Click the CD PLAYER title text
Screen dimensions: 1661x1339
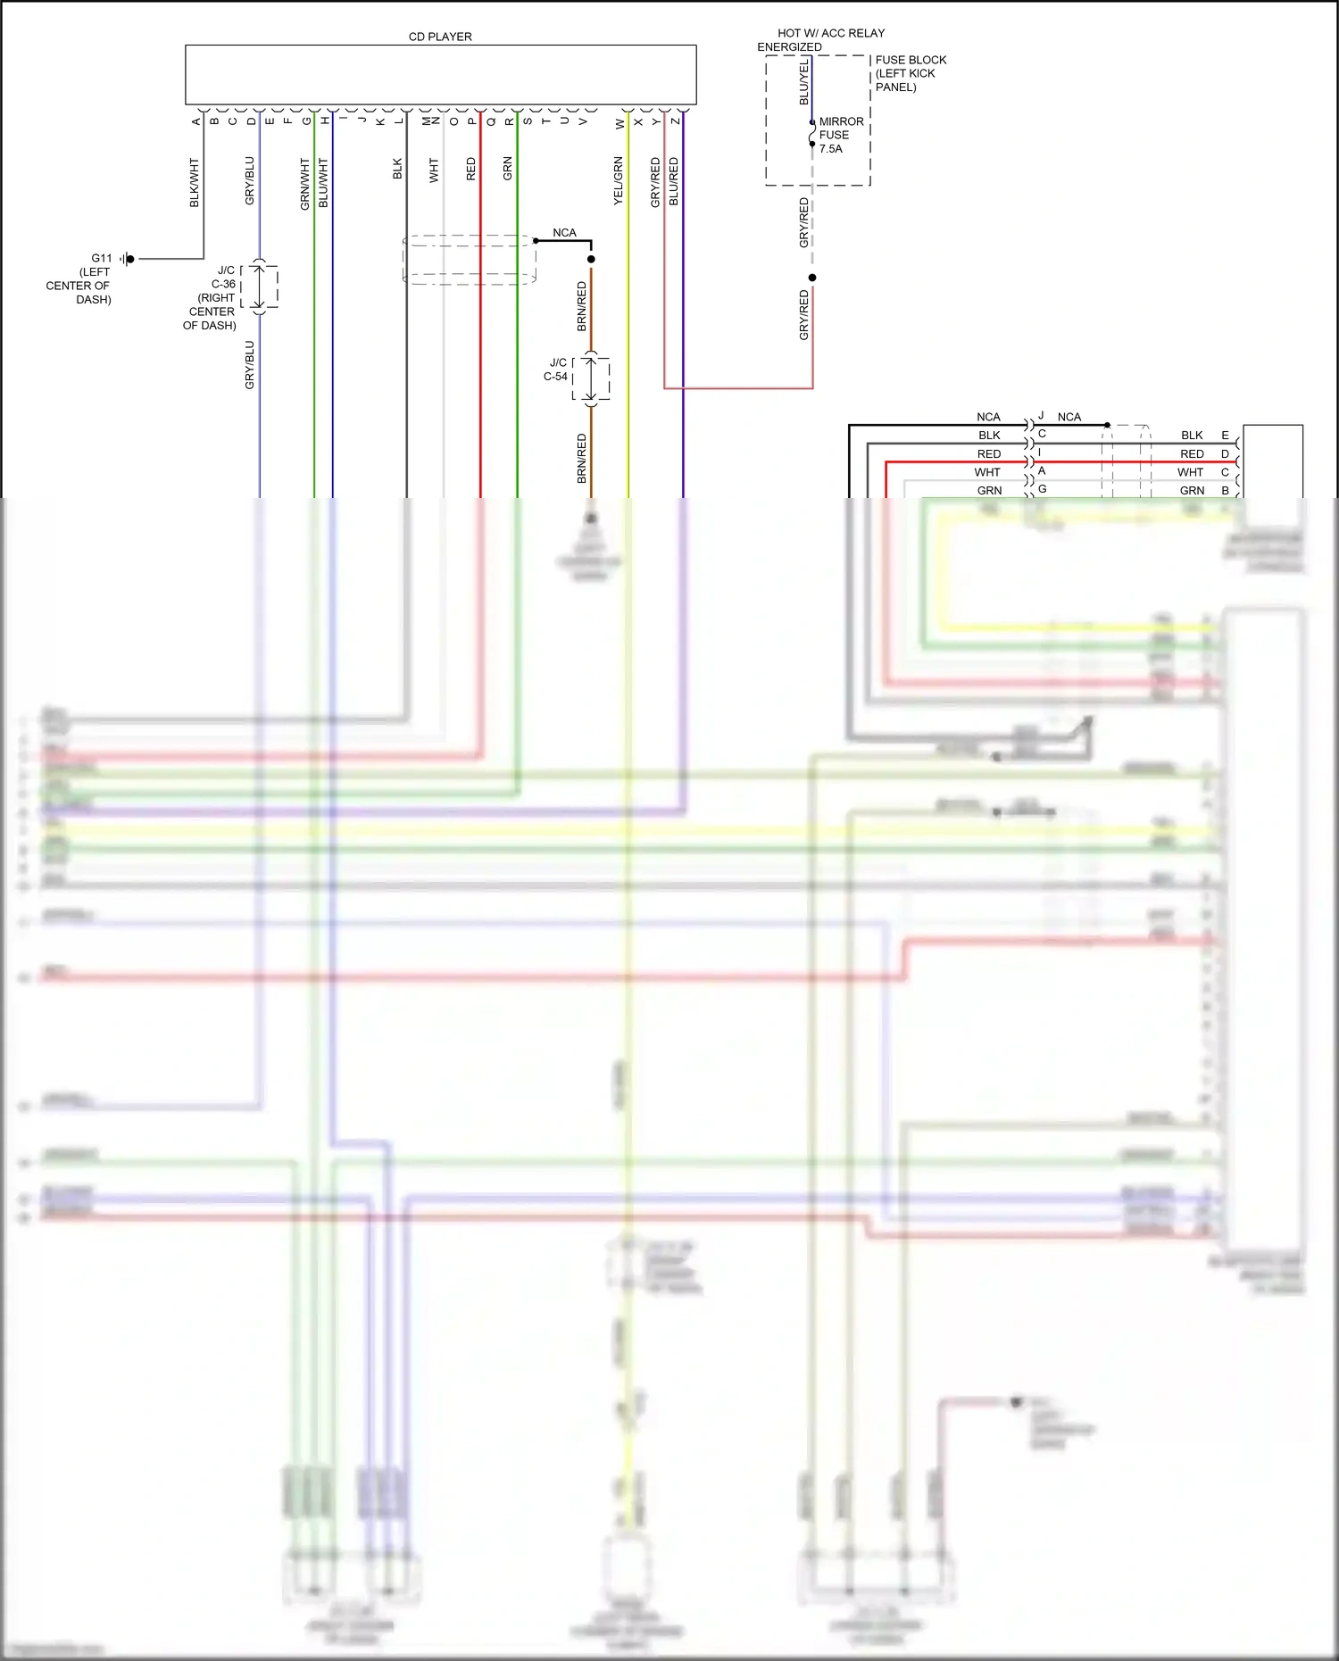(440, 37)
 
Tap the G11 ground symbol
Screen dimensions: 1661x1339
(128, 259)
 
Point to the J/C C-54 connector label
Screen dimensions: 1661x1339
(556, 370)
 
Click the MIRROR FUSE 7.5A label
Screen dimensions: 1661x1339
(841, 135)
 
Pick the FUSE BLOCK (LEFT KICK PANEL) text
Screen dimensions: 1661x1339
(910, 73)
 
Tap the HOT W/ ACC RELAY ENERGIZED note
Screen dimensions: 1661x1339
(821, 39)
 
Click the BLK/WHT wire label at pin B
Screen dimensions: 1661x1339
(195, 183)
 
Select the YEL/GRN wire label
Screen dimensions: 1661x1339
(619, 181)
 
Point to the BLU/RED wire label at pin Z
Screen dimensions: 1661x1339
(674, 181)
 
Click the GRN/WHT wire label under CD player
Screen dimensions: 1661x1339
(304, 184)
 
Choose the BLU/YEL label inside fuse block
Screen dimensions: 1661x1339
(803, 82)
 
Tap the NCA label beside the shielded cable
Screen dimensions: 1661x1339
(564, 233)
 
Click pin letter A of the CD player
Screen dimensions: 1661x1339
(196, 121)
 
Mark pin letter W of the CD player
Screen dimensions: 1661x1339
(620, 124)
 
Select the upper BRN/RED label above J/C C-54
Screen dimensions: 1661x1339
(582, 306)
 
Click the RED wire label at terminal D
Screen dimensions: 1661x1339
(1192, 454)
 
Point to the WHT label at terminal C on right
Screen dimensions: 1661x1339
(1190, 472)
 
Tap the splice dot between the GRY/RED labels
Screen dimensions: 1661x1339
(812, 278)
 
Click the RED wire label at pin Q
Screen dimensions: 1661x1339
(471, 169)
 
